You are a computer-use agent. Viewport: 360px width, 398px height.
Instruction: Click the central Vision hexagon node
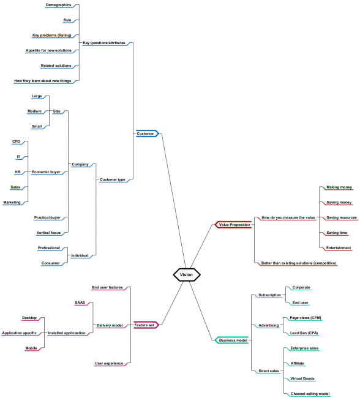pyautogui.click(x=186, y=275)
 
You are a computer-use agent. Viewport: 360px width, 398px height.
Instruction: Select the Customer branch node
pyautogui.click(x=146, y=133)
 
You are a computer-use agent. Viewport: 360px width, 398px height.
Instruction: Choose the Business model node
pyautogui.click(x=233, y=340)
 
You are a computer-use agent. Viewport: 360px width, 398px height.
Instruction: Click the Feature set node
pyautogui.click(x=145, y=325)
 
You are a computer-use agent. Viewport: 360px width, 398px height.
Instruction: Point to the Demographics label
pyautogui.click(x=58, y=4)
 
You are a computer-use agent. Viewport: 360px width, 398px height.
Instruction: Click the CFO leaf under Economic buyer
pyautogui.click(x=17, y=141)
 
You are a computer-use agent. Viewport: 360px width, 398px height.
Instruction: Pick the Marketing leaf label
pyautogui.click(x=12, y=202)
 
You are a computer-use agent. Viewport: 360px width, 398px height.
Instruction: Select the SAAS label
pyautogui.click(x=80, y=302)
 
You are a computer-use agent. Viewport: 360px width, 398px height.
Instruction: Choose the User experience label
pyautogui.click(x=110, y=363)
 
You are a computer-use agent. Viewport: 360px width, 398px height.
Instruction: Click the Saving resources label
pyautogui.click(x=341, y=217)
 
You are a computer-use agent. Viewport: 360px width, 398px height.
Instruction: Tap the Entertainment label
pyautogui.click(x=339, y=248)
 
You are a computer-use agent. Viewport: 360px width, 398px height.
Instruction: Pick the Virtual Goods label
pyautogui.click(x=302, y=378)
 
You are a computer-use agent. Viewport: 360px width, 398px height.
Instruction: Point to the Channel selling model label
pyautogui.click(x=310, y=394)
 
